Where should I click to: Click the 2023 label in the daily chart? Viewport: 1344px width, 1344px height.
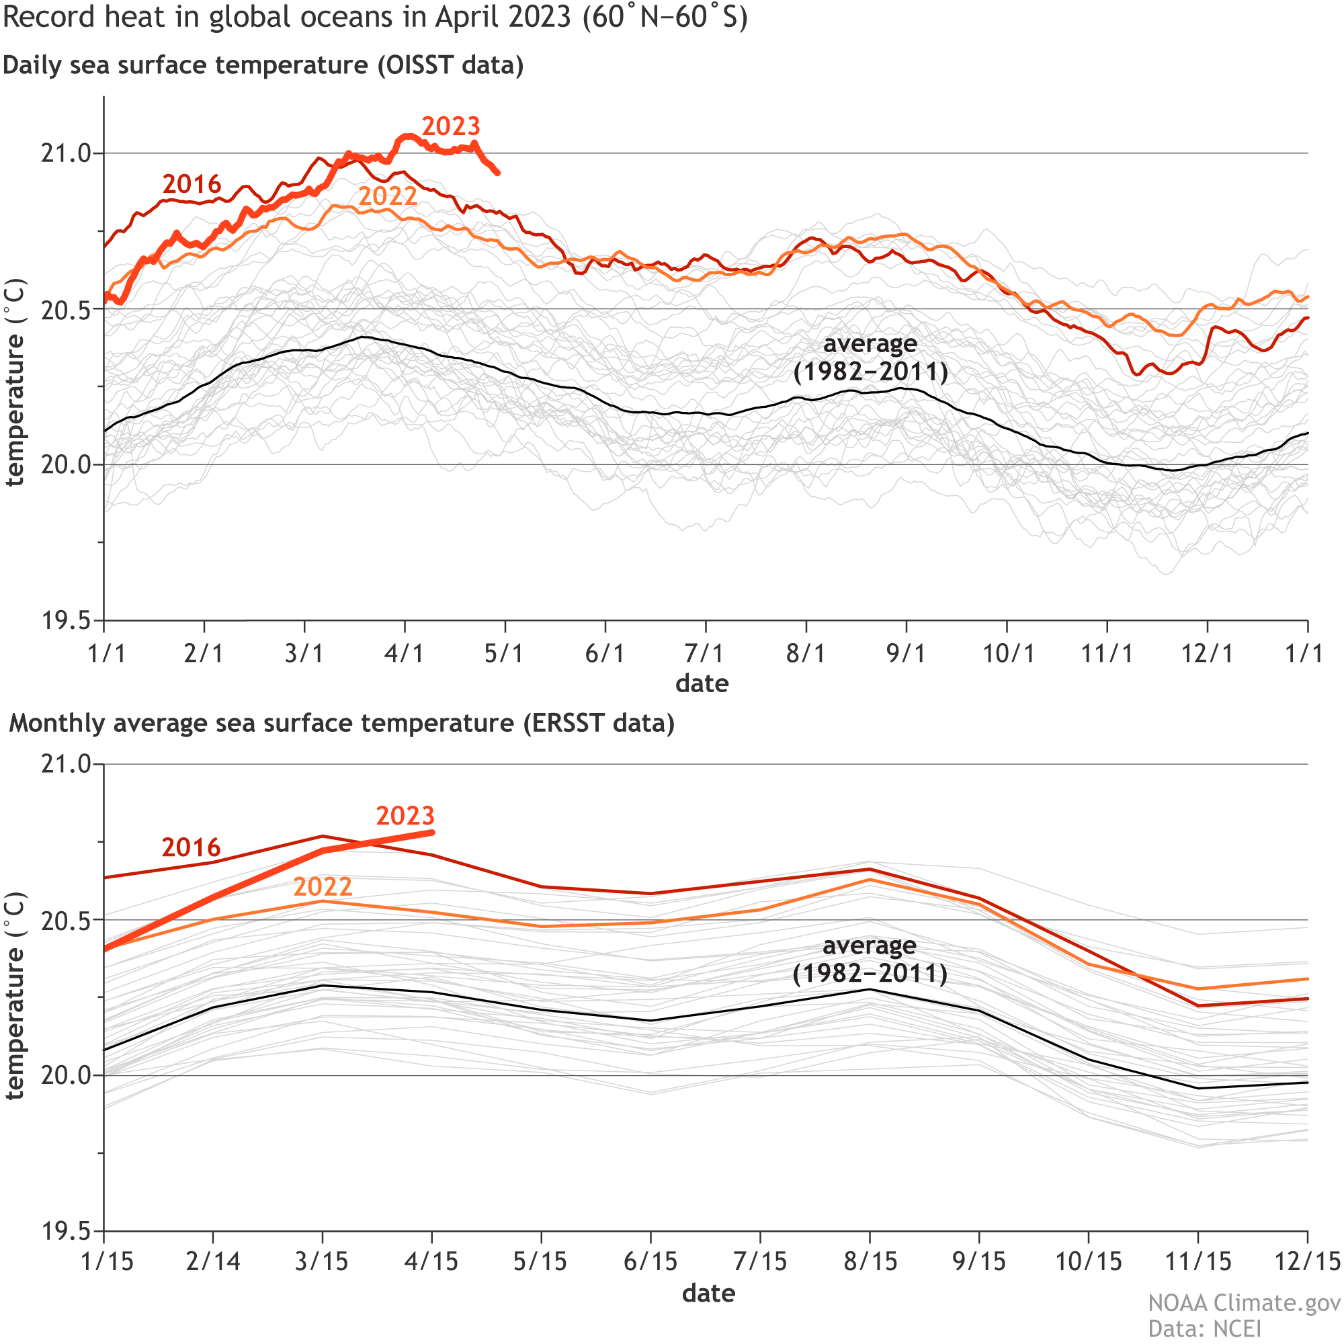[451, 126]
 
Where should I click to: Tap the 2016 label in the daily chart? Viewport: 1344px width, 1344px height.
[192, 184]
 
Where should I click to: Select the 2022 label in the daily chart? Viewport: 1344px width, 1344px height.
[388, 196]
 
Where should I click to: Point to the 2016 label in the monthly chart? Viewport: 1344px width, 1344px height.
[191, 847]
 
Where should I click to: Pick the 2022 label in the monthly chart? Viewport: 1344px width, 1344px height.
[322, 887]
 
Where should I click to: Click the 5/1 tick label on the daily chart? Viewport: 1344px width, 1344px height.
[505, 654]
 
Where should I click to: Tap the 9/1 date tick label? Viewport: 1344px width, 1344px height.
[906, 654]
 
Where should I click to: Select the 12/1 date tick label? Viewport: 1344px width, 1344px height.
[1207, 654]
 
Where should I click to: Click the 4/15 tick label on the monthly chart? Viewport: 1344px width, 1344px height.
[431, 1261]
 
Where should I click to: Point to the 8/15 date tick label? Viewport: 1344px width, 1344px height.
[870, 1261]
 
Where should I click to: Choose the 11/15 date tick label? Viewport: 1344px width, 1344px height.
[1198, 1261]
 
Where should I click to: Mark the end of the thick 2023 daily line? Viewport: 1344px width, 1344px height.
[497, 173]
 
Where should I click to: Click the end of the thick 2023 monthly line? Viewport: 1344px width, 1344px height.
[432, 832]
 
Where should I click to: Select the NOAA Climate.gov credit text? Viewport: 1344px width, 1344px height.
[1244, 1302]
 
